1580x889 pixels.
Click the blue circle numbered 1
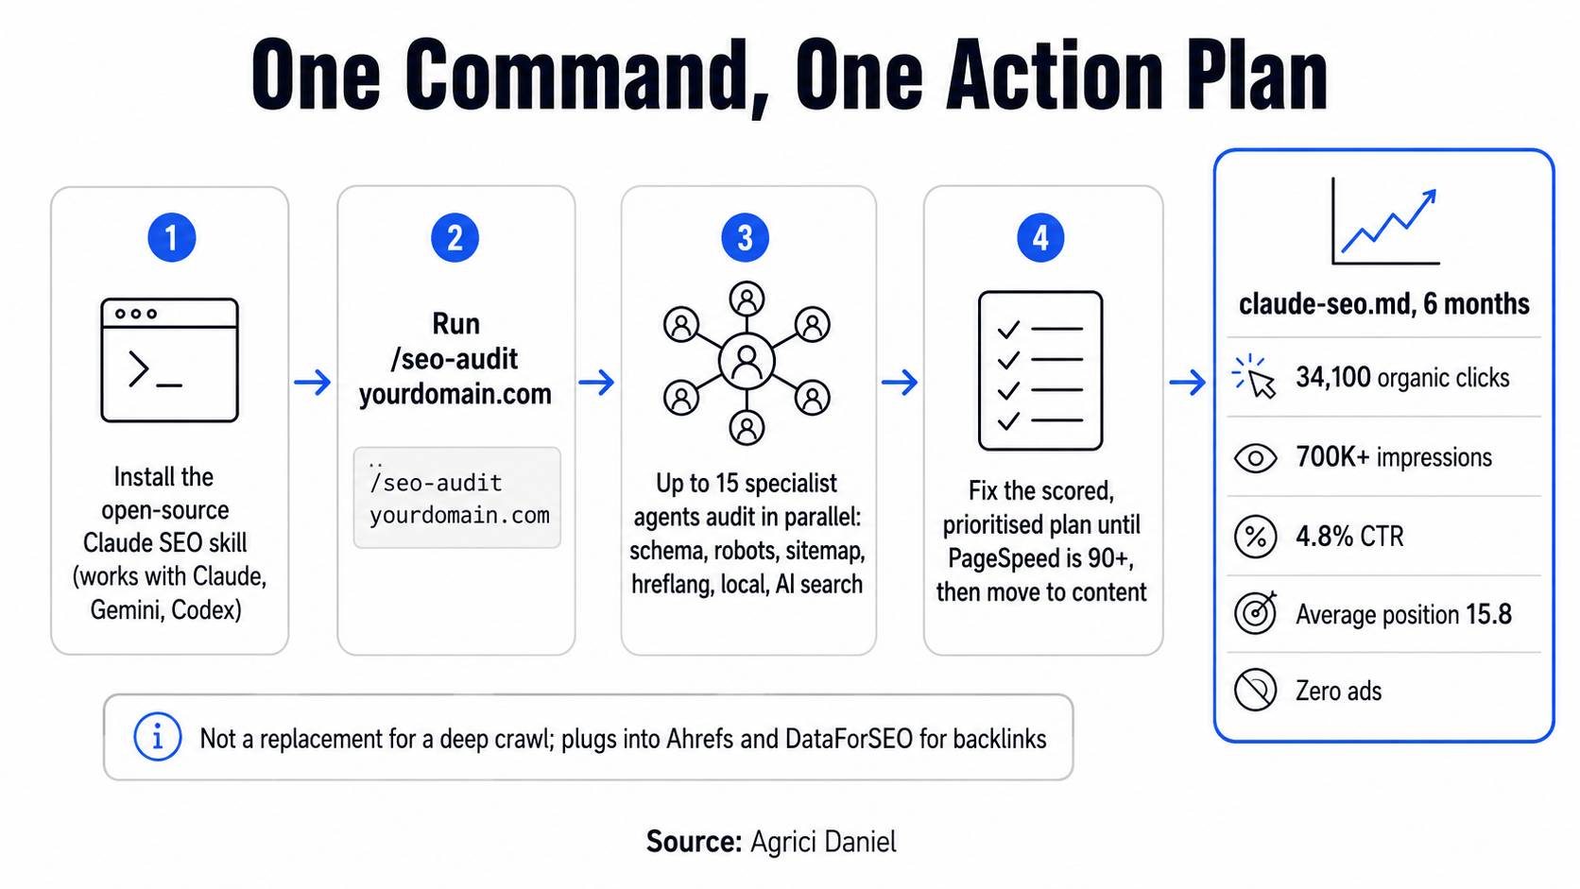point(171,237)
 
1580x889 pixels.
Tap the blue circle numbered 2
point(455,237)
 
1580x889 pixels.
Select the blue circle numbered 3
point(745,237)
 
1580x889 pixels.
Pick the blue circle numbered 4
point(1040,237)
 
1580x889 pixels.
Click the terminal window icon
point(169,360)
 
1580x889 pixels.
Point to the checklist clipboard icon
point(1040,371)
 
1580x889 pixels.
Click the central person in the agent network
point(747,362)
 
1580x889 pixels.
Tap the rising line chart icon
point(1384,221)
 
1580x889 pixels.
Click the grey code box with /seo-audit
point(457,497)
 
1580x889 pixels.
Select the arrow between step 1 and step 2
point(313,382)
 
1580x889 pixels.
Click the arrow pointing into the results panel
point(1187,382)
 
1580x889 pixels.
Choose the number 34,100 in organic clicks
point(1332,377)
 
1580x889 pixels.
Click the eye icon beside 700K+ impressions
point(1256,458)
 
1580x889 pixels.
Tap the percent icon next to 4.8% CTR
point(1256,537)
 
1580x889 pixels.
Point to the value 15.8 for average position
point(1488,615)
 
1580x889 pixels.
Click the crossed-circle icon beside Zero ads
point(1256,690)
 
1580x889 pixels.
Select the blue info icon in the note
point(157,737)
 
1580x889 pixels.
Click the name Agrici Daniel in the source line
point(823,842)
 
